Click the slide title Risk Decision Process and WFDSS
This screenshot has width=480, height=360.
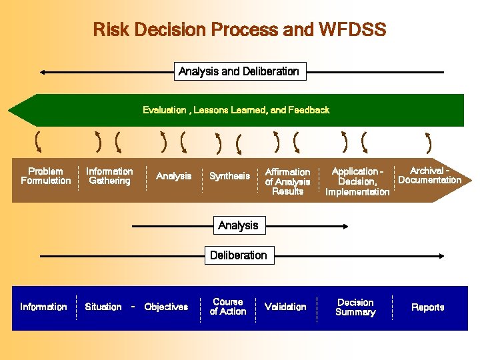click(239, 30)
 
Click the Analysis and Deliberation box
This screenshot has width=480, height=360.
click(239, 71)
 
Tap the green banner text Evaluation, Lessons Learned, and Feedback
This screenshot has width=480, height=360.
click(236, 110)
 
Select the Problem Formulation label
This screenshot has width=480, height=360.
click(45, 176)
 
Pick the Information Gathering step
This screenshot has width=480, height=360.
click(109, 176)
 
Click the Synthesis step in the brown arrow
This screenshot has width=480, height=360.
click(229, 176)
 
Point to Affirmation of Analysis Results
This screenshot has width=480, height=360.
click(287, 181)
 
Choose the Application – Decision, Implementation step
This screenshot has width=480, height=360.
click(357, 181)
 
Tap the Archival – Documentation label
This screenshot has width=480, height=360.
click(429, 175)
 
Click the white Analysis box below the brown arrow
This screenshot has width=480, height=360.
click(238, 225)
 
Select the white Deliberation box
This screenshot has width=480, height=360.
click(238, 255)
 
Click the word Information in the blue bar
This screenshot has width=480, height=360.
click(43, 307)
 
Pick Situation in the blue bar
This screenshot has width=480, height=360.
click(103, 307)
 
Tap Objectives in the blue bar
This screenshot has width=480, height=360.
click(166, 307)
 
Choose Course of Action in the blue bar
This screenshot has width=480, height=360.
click(228, 307)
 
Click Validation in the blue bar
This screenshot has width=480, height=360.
click(285, 307)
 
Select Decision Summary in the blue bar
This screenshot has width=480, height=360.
click(355, 307)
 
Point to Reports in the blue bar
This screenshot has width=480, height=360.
click(427, 307)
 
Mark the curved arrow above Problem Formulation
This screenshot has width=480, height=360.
click(38, 141)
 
